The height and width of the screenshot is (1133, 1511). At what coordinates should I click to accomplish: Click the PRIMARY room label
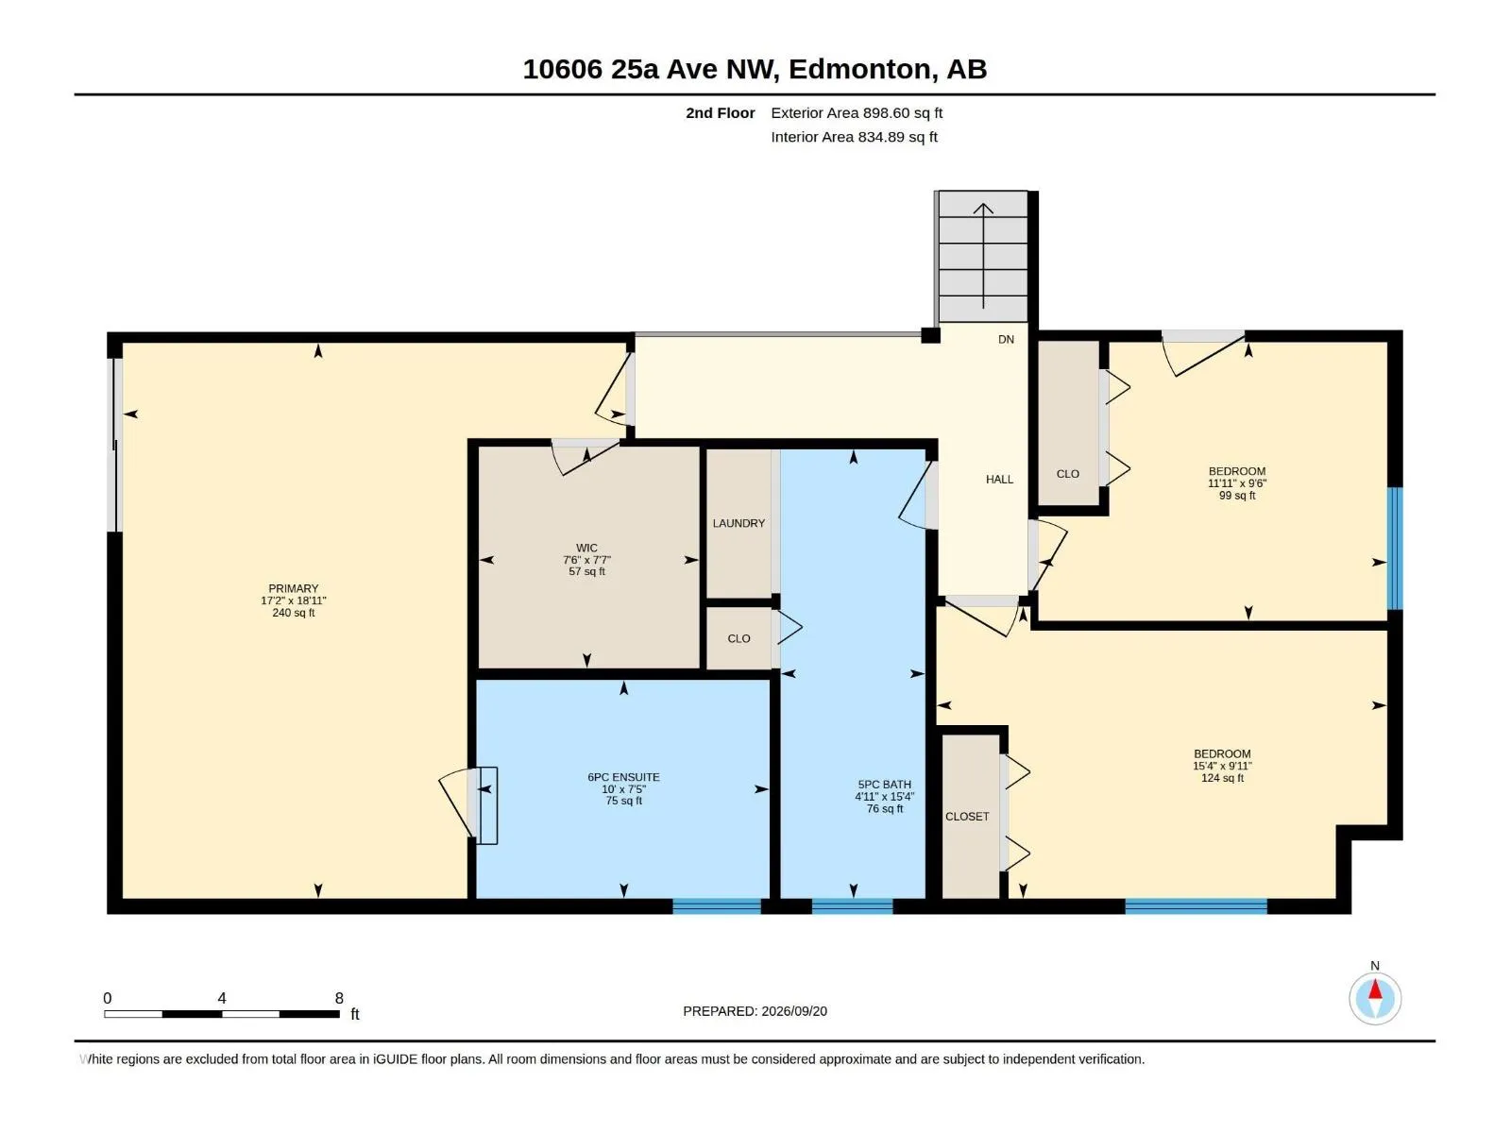(294, 589)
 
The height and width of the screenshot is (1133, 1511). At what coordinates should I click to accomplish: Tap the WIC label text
(586, 549)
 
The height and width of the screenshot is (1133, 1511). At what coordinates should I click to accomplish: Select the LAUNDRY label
(739, 523)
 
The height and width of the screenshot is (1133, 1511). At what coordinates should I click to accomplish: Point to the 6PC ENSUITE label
(623, 777)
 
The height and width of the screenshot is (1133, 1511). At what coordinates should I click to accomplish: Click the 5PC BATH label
(885, 785)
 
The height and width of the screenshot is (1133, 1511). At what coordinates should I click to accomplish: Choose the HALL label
(999, 480)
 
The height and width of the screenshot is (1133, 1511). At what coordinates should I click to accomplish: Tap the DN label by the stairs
(1007, 339)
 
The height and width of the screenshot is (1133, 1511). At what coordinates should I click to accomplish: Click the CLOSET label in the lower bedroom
(967, 817)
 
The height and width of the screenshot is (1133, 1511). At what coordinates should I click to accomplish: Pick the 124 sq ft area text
(1223, 778)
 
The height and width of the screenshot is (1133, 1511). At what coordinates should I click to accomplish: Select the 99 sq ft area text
(1237, 496)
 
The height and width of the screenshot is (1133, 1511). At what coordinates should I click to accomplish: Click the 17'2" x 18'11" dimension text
(294, 600)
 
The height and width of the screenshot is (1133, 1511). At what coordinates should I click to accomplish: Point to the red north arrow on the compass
(1375, 989)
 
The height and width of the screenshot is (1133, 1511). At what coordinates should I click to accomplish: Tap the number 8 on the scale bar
(339, 998)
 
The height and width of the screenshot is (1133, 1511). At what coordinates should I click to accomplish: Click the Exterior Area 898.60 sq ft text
(857, 112)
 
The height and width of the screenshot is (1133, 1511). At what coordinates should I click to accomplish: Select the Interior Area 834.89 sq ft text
(855, 137)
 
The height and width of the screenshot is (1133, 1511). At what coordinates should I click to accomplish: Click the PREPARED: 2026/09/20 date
(755, 1011)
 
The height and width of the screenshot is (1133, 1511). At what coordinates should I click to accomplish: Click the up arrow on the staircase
(983, 256)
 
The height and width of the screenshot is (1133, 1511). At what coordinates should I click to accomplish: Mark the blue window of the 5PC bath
(852, 906)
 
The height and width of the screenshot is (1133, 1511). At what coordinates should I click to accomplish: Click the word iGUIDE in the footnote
(396, 1059)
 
